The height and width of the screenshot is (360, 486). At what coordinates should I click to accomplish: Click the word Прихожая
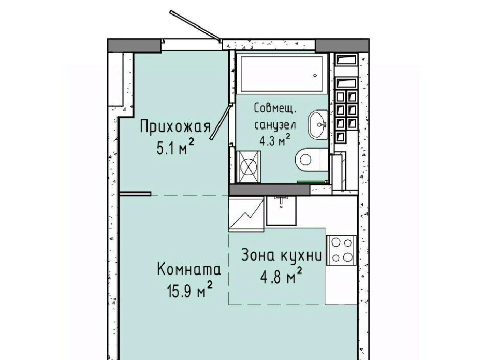point(175,127)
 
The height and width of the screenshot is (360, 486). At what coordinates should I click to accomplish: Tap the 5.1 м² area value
point(175,147)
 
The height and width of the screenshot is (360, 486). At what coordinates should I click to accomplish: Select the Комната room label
point(189,269)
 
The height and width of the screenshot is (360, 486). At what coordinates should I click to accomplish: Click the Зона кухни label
point(281,255)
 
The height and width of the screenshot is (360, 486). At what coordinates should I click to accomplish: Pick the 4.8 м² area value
point(281,276)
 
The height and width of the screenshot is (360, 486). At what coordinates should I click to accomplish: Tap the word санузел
point(275,125)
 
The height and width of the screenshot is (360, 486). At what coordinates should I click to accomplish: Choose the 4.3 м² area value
point(275,140)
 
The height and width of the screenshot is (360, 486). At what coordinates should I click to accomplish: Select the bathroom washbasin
point(318,124)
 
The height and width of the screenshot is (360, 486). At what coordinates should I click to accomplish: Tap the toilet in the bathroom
point(312,160)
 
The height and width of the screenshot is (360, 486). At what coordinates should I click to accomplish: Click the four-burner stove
point(341,249)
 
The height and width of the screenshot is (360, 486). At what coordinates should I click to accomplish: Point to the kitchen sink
point(281,210)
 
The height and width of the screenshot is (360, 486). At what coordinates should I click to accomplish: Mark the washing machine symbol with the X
point(249,166)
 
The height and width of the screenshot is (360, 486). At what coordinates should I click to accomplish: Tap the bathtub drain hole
point(315,75)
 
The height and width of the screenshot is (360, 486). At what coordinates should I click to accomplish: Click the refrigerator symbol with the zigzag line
point(247,214)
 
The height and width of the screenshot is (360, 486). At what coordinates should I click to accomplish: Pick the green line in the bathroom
point(312,182)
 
